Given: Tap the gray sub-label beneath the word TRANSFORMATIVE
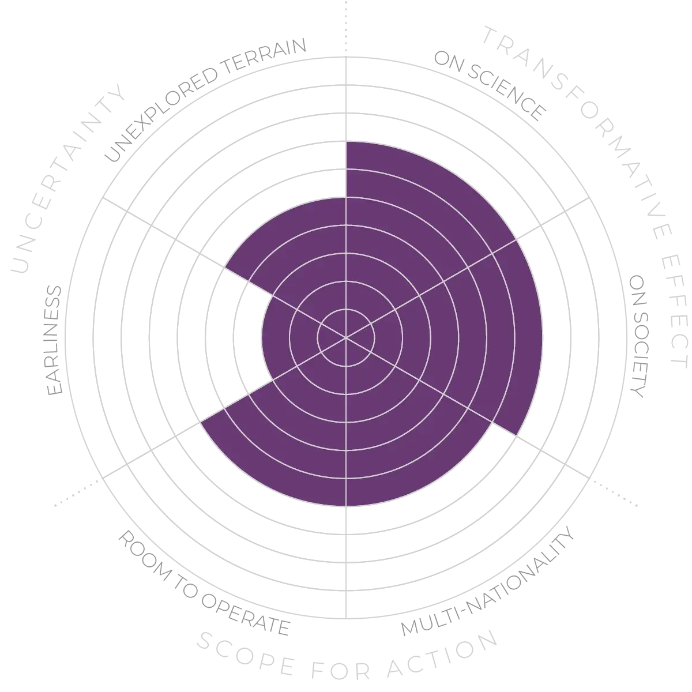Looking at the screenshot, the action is [490, 86].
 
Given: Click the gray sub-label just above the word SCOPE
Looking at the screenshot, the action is [202, 582].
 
